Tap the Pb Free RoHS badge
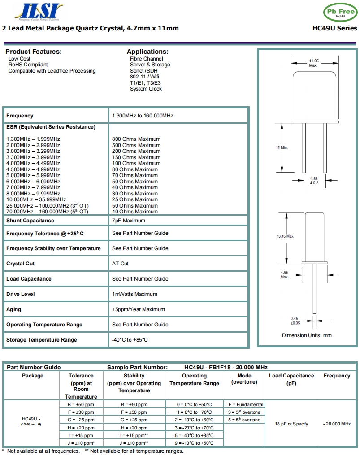point(340,12)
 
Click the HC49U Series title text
point(334,28)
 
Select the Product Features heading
point(34,52)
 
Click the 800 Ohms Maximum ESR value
point(136,139)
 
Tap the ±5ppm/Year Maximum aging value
point(139,309)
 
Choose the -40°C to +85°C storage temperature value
point(130,340)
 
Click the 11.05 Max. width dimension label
point(313,63)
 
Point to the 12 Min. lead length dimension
point(282,147)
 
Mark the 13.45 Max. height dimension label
point(285,236)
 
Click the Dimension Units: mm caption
point(307,335)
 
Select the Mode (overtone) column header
point(244,379)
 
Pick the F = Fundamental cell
point(246,404)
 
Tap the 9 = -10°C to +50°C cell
point(194,443)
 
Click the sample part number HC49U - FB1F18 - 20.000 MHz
point(226,367)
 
